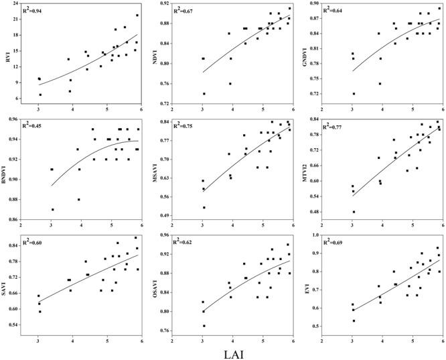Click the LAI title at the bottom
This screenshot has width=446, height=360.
pyautogui.click(x=223, y=351)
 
